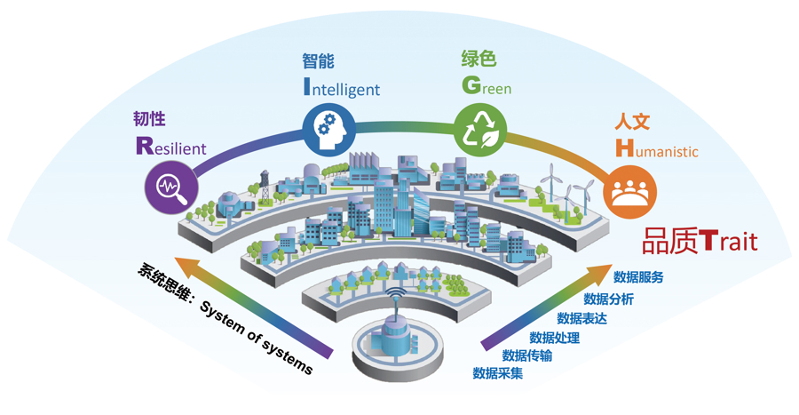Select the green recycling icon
480,130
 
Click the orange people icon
629,192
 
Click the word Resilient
171,147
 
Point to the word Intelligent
342,87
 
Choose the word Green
487,85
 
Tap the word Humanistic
657,148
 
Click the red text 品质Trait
700,241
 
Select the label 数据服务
638,277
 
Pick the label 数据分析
608,299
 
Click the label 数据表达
581,318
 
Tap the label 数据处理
554,337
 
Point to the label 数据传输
526,355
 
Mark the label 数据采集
498,372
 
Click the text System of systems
256,338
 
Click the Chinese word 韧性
149,119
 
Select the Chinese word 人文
632,122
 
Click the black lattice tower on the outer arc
265,188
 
